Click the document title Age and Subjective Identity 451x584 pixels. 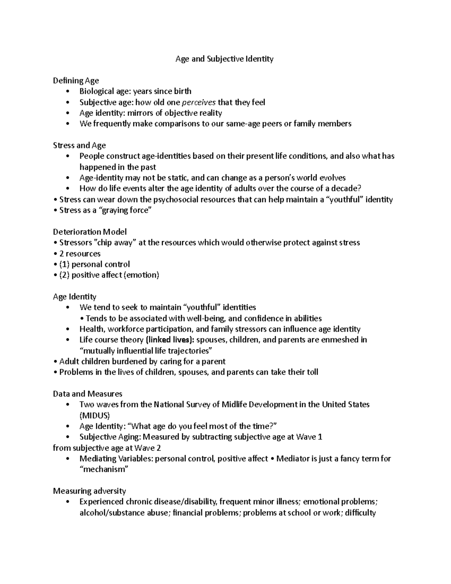pyautogui.click(x=224, y=59)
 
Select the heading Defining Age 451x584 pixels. pyautogui.click(x=76, y=80)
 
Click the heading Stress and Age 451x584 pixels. pyautogui.click(x=79, y=146)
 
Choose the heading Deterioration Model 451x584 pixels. pyautogui.click(x=90, y=232)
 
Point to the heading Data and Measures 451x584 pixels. pyautogui.click(x=88, y=394)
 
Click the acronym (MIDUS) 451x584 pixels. pyautogui.click(x=95, y=416)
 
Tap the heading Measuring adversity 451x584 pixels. pyautogui.click(x=89, y=491)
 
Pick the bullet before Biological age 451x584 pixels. pyautogui.click(x=67, y=91)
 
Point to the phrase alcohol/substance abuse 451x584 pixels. pyautogui.click(x=123, y=513)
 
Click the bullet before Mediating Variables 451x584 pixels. pyautogui.click(x=67, y=459)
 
